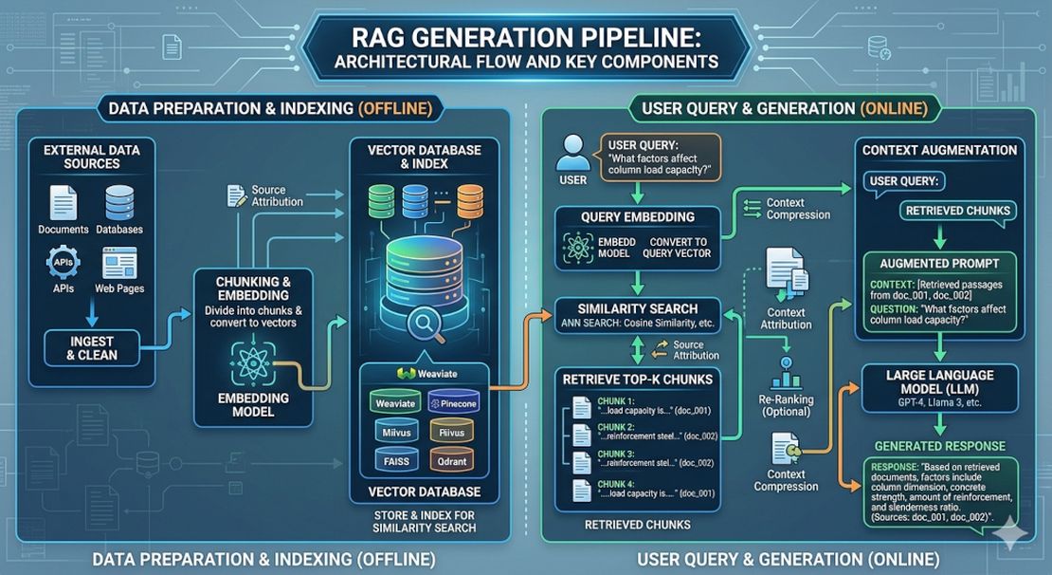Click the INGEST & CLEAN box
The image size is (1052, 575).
tap(92, 347)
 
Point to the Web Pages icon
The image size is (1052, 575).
tap(119, 263)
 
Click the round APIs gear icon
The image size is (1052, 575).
tap(63, 262)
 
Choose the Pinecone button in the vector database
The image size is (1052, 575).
tap(453, 404)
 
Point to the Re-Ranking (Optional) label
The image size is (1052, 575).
tap(788, 406)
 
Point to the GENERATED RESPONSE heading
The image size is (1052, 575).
tap(939, 445)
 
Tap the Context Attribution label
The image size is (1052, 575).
tap(786, 318)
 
